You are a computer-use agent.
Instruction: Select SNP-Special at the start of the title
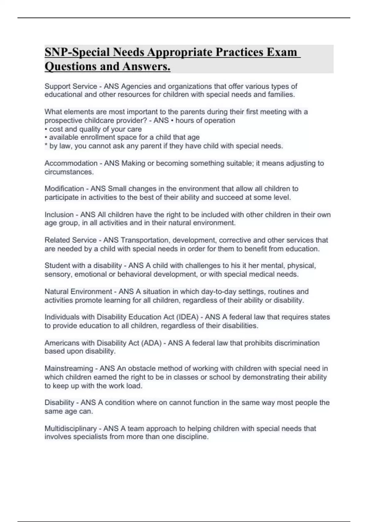pos(77,52)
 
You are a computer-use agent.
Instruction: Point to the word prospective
pos(63,120)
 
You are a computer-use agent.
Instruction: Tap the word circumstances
pos(69,172)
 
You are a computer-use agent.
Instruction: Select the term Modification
pos(64,189)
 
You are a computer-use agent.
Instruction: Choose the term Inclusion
pos(59,214)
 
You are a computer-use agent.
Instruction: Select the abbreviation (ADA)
pos(151,343)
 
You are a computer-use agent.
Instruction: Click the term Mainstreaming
pos(69,368)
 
